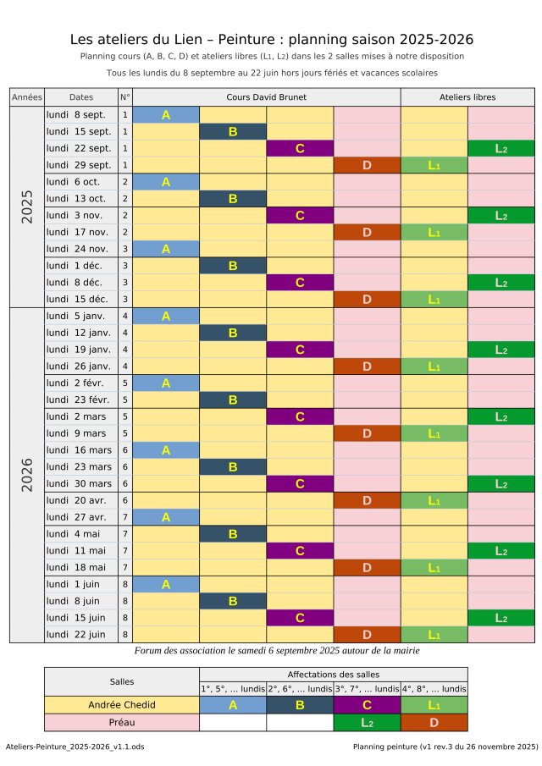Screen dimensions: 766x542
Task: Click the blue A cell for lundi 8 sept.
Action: point(166,114)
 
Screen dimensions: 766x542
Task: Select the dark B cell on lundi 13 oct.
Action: point(233,198)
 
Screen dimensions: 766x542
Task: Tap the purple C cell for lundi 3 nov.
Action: point(300,215)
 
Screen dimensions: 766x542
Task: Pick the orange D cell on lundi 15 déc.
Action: point(367,299)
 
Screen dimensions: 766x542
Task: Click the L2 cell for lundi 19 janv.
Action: point(501,349)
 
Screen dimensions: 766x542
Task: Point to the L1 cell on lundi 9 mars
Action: point(434,433)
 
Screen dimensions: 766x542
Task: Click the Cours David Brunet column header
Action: point(267,97)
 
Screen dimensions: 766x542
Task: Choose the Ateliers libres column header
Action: point(467,97)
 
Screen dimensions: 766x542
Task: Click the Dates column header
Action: point(80,97)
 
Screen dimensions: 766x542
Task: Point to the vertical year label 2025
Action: point(26,207)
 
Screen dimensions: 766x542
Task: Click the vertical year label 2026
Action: point(26,475)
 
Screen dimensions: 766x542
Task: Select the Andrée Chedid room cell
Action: point(121,704)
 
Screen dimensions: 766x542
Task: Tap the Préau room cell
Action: point(121,722)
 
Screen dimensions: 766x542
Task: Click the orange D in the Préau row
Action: point(434,722)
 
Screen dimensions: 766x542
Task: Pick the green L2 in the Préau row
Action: point(367,722)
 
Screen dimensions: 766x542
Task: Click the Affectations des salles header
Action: point(333,674)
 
